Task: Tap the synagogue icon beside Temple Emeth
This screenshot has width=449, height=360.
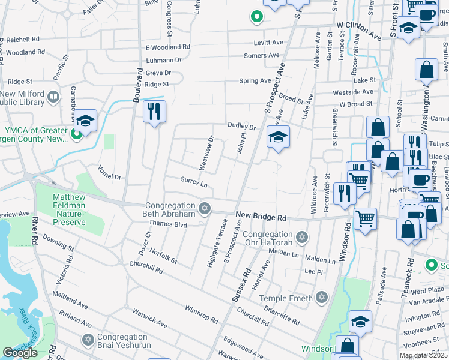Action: point(322,298)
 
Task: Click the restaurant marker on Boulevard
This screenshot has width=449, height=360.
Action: point(154,112)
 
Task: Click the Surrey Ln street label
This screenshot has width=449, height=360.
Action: point(194,181)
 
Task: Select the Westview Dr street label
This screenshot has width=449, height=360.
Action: point(206,153)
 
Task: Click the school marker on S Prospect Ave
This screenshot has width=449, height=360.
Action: point(278,137)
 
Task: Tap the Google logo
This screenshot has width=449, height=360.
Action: point(20,353)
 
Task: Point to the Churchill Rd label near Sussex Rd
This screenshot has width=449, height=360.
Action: point(252,314)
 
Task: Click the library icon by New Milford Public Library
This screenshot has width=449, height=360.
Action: point(53,97)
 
